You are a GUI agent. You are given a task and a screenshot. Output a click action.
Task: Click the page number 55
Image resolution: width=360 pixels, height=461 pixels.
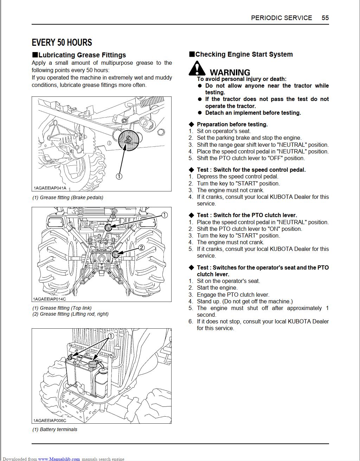click(325, 18)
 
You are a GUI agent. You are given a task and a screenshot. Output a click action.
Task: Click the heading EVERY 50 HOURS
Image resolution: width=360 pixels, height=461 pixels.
click(62, 43)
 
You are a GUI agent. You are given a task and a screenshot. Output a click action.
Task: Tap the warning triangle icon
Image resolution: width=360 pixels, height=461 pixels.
click(197, 68)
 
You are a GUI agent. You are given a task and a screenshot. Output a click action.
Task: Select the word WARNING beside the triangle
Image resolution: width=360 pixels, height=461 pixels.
click(230, 72)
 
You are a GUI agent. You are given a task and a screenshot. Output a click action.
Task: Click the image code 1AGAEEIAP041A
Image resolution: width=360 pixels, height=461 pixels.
click(50, 188)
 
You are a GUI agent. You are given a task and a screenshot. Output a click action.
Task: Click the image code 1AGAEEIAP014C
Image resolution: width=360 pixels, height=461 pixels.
click(49, 299)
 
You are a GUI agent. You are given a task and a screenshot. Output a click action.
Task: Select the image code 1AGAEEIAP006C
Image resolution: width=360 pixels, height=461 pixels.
click(50, 420)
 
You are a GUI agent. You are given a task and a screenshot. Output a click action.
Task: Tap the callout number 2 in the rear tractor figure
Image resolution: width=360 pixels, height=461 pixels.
click(141, 248)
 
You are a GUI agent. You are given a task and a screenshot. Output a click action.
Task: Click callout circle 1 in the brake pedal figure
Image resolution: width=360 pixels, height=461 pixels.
click(119, 176)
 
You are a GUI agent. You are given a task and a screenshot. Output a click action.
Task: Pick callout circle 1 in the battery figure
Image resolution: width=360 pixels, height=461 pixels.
click(110, 336)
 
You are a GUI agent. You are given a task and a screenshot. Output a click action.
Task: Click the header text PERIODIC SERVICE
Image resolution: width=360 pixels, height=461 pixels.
click(281, 18)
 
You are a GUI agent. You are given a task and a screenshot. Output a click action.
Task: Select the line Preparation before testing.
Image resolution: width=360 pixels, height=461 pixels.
click(232, 124)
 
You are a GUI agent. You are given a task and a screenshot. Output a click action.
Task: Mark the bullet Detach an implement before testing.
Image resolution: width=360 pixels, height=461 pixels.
click(253, 113)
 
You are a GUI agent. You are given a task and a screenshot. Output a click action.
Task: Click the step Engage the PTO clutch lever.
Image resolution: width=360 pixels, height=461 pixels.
click(233, 295)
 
